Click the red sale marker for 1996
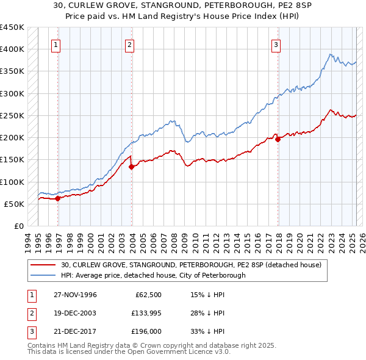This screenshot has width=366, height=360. click(x=57, y=198)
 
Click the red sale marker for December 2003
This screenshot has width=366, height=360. click(x=131, y=167)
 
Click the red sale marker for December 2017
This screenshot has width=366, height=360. click(x=278, y=139)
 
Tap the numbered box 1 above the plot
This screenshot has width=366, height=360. click(x=56, y=44)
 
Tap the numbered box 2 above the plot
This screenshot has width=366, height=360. click(x=130, y=44)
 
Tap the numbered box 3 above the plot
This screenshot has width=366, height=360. click(x=276, y=44)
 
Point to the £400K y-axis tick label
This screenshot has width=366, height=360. click(x=12, y=49)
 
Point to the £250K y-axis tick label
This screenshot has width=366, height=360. click(x=12, y=115)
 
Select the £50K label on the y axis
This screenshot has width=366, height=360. click(x=13, y=204)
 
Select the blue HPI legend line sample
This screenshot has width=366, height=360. click(x=43, y=275)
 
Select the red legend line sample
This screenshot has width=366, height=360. click(x=43, y=265)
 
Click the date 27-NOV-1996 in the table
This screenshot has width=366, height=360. click(x=74, y=295)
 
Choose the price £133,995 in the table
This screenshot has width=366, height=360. click(x=145, y=313)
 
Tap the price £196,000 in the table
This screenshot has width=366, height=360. click(x=145, y=331)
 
